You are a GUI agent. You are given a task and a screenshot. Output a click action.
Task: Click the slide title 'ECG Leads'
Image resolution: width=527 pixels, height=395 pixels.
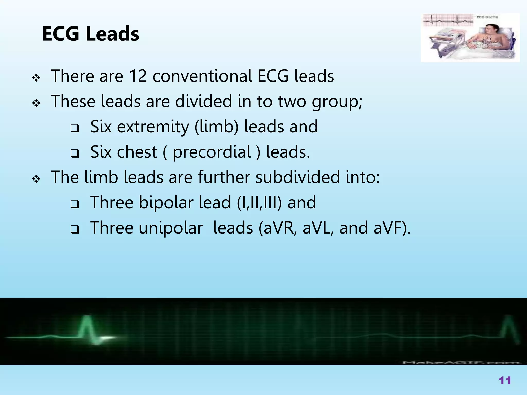tap(91, 34)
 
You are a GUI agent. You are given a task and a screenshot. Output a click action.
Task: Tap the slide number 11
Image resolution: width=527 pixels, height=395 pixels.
tap(505, 380)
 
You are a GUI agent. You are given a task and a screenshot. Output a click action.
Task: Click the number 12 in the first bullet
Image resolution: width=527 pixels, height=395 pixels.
tap(138, 76)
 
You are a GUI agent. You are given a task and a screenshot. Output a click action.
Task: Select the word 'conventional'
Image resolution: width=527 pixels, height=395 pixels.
tap(202, 76)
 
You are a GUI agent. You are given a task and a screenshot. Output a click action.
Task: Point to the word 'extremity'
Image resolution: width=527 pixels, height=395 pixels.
tap(153, 127)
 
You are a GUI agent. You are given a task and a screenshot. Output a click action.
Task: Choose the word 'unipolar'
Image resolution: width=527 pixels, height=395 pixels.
tap(171, 228)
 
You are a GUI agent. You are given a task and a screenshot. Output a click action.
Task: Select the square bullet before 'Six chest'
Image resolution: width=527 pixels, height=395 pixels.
tap(75, 154)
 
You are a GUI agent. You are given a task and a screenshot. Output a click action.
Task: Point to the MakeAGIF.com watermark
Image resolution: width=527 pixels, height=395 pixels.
tap(461, 362)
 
